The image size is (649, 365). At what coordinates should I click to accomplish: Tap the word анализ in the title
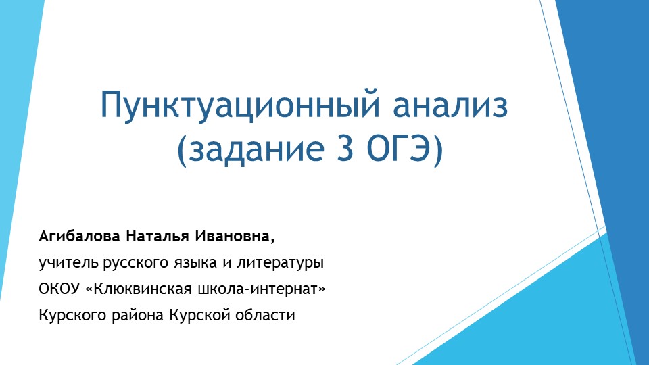click(x=451, y=106)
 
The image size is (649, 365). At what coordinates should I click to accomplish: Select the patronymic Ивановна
click(x=235, y=237)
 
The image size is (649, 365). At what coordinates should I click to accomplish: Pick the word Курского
click(x=70, y=315)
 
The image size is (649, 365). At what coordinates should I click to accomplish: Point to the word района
click(x=135, y=315)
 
